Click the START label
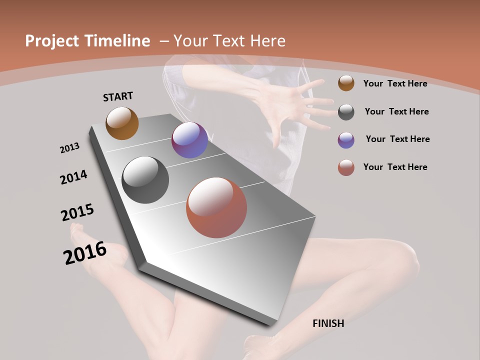click(118, 96)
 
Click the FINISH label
click(328, 323)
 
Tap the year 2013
click(69, 148)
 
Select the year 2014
click(73, 177)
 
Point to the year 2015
click(77, 212)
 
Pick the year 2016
click(85, 253)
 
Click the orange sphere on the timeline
click(122, 123)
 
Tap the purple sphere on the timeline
click(189, 140)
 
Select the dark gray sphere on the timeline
click(145, 180)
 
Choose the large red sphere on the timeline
click(216, 207)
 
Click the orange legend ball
click(346, 83)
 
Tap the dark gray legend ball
click(346, 112)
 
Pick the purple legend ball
click(346, 140)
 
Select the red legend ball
click(346, 167)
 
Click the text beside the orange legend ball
click(395, 83)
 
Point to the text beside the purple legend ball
click(397, 139)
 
